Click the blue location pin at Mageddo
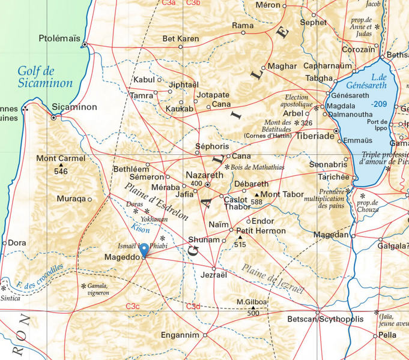(144, 250)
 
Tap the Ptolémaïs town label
(59, 38)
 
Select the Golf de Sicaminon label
(44, 77)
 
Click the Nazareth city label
(204, 175)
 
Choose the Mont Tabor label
(282, 194)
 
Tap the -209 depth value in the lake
(379, 104)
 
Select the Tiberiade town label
(315, 136)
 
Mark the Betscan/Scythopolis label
(326, 319)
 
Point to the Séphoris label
(213, 146)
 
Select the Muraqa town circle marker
(89, 199)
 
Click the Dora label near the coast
(17, 243)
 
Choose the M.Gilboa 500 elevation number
(253, 313)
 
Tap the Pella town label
(387, 335)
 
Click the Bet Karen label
(181, 39)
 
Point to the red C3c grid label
(132, 307)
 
